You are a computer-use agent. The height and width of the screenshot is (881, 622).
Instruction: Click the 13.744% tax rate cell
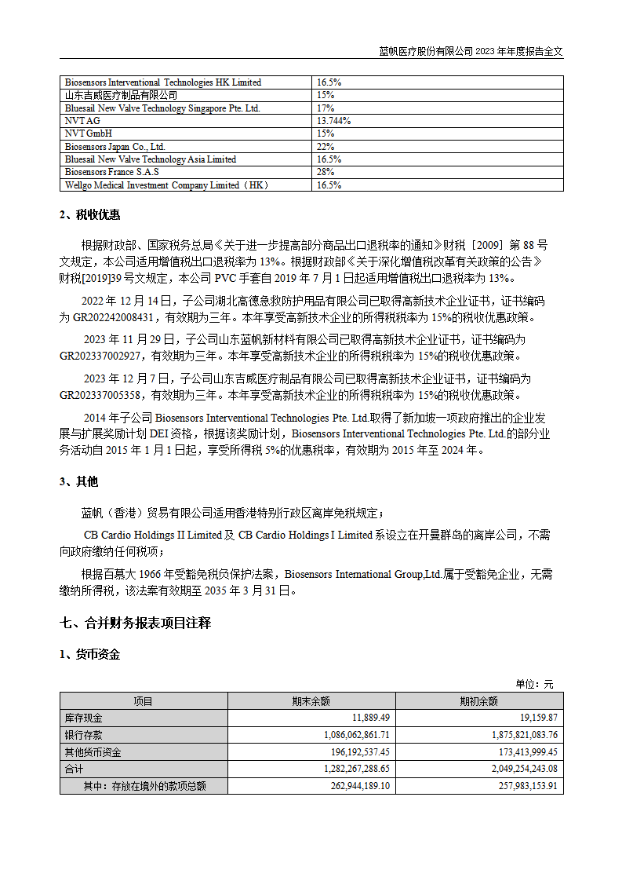[333, 121]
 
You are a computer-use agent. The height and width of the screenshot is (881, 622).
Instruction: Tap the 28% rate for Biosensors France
[326, 172]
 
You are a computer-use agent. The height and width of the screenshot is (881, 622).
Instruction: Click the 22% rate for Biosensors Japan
[326, 147]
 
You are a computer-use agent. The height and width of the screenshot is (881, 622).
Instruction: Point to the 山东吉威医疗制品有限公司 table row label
[121, 95]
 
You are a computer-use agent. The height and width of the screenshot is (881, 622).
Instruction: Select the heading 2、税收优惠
[90, 215]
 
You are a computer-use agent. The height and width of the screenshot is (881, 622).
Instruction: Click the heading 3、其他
[79, 481]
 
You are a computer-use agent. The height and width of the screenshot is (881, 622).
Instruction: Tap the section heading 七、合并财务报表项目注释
[136, 623]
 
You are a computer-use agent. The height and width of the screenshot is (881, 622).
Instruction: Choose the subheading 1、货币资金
[90, 654]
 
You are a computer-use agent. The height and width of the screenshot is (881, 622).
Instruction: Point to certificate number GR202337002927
[104, 355]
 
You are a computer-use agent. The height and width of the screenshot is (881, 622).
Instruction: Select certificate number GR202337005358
[104, 395]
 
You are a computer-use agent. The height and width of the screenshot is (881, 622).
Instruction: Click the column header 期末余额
[311, 701]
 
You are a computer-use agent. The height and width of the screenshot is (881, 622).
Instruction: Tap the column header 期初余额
[479, 701]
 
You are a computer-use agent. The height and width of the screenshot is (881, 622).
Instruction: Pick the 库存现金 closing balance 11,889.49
[371, 718]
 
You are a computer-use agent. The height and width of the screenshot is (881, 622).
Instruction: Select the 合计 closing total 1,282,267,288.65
[345, 770]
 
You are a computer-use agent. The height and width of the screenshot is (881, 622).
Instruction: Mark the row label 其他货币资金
[93, 752]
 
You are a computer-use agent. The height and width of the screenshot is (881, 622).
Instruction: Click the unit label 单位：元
[534, 684]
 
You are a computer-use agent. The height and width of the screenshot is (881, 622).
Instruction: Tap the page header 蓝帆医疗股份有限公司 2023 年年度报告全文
[471, 51]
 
